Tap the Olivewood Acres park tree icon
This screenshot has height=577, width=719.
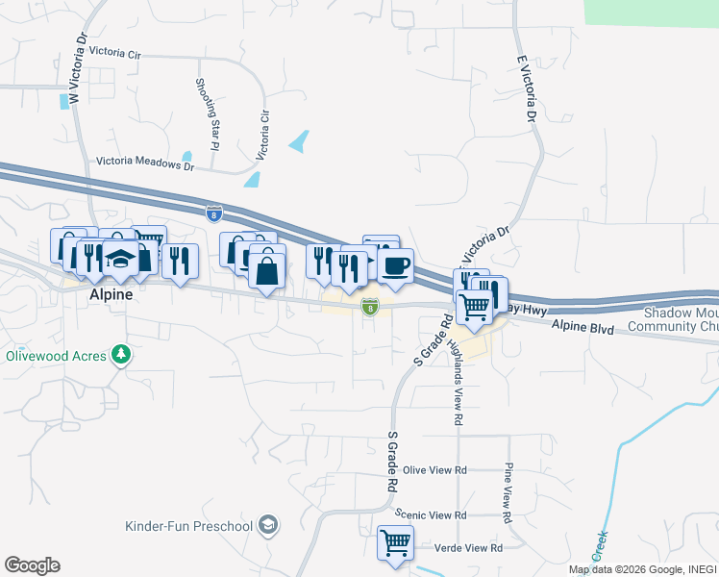tap(121, 355)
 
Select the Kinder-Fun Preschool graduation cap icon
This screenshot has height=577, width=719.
tap(269, 525)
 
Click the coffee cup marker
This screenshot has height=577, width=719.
tap(395, 265)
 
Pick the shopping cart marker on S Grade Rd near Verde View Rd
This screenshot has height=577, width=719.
tap(395, 542)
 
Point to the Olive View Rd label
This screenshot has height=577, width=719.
tap(434, 470)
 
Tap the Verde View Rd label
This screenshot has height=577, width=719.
tap(470, 547)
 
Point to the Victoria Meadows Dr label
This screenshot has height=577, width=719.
tap(145, 164)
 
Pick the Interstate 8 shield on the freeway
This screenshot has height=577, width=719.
tap(213, 213)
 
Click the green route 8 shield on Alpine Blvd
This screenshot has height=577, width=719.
tap(370, 306)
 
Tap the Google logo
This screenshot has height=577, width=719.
tap(32, 565)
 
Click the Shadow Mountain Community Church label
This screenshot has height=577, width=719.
tap(681, 320)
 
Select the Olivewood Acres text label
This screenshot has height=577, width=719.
tap(57, 355)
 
